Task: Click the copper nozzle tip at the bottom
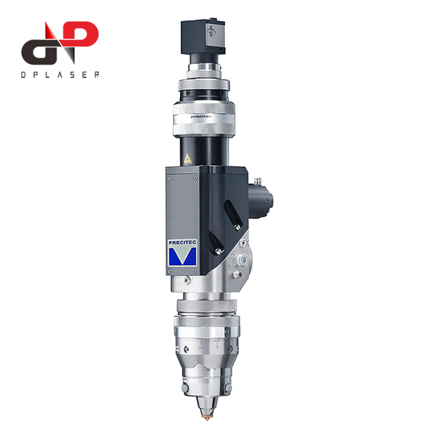tap(207, 417)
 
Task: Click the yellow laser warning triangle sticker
tap(188, 159)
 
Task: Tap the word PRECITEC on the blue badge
tap(182, 243)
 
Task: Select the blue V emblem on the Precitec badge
tap(183, 256)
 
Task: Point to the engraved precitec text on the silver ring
tap(201, 116)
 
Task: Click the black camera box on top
tap(203, 36)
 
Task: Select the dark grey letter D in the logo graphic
tap(39, 52)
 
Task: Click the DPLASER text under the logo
tap(60, 74)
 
